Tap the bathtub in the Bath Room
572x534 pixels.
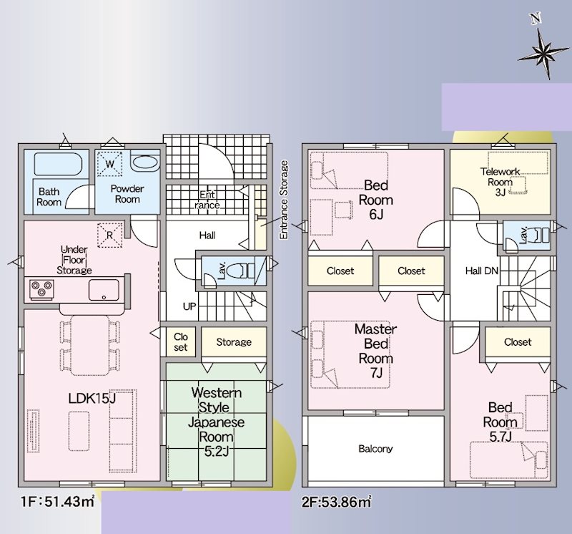pyautogui.click(x=58, y=165)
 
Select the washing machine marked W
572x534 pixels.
pyautogui.click(x=109, y=164)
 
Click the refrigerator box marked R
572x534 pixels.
pyautogui.click(x=109, y=236)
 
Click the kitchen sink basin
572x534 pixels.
pyautogui.click(x=104, y=290)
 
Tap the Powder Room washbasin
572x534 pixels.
pyautogui.click(x=145, y=162)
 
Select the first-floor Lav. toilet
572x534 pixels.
pyautogui.click(x=240, y=271)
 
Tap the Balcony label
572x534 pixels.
pyautogui.click(x=375, y=449)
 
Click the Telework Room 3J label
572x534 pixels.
pyautogui.click(x=500, y=182)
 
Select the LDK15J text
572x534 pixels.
pyautogui.click(x=92, y=398)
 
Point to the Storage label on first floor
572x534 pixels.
pyautogui.click(x=234, y=342)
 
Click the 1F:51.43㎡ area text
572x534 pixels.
pyautogui.click(x=58, y=502)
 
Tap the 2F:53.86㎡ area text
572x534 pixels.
pyautogui.click(x=336, y=502)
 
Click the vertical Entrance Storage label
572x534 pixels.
pyautogui.click(x=284, y=200)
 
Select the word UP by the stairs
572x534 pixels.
pyautogui.click(x=189, y=306)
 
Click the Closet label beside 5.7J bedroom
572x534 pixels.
pyautogui.click(x=518, y=342)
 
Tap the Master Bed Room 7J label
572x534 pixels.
pyautogui.click(x=376, y=351)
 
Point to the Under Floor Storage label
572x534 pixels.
pyautogui.click(x=74, y=260)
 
